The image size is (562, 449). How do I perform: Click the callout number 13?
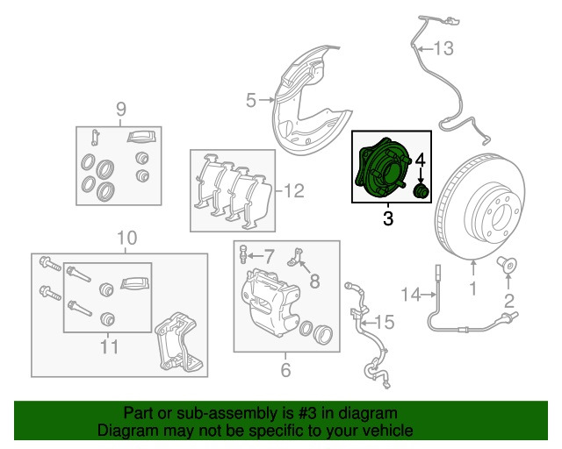(x=444, y=46)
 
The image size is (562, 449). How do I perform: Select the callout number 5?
(x=249, y=102)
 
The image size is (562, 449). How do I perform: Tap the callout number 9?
(x=121, y=109)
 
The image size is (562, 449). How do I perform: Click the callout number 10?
(x=127, y=238)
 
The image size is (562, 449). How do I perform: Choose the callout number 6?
(x=285, y=370)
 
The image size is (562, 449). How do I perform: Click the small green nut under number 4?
(x=420, y=191)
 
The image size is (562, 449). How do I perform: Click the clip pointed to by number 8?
(x=297, y=254)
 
